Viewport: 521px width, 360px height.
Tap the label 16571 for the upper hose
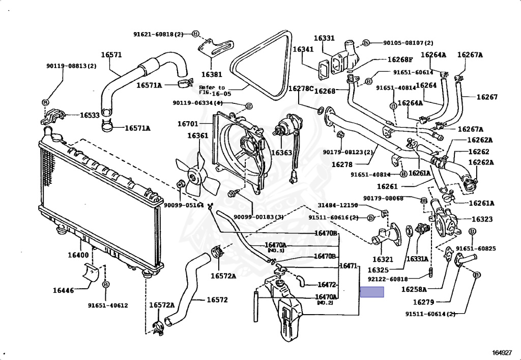(x=111, y=55)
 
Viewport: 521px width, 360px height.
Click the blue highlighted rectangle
(x=372, y=292)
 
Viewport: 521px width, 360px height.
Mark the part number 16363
(x=281, y=152)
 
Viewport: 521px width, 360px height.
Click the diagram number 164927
(x=502, y=352)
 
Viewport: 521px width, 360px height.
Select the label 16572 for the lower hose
(x=217, y=299)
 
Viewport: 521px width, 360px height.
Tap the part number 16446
(x=63, y=290)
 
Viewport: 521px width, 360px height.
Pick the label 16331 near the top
(x=324, y=38)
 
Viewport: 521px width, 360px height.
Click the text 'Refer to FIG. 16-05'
(x=212, y=91)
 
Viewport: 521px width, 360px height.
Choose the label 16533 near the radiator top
(x=90, y=116)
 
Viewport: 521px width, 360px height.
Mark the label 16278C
(x=301, y=88)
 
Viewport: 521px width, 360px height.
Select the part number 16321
(x=383, y=259)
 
